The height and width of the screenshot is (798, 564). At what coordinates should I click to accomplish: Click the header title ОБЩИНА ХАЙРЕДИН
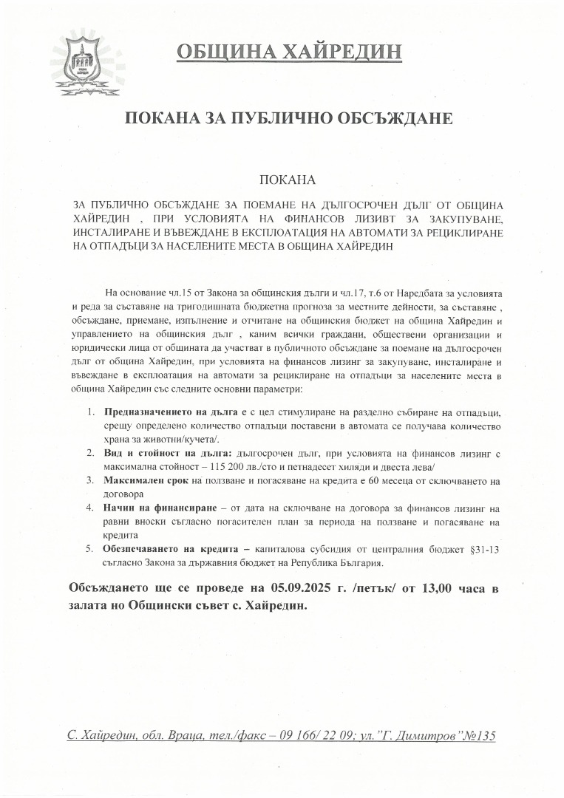(290, 52)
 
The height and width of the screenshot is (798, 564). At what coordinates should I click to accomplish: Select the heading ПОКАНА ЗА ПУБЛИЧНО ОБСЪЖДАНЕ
(288, 119)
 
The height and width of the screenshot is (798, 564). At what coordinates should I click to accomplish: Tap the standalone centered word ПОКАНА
(288, 180)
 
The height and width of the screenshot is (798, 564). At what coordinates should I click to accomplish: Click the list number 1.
(89, 411)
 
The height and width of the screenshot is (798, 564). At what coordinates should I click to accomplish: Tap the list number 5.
(89, 548)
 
